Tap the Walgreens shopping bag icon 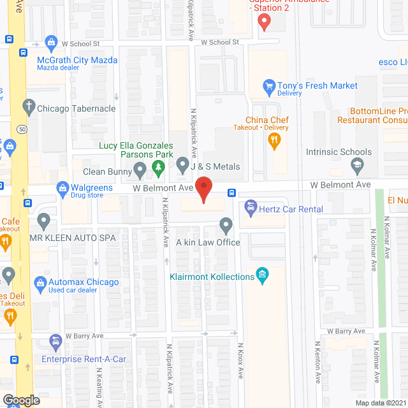(x=62, y=187)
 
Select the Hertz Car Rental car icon (x=251, y=207)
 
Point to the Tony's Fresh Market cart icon (x=269, y=85)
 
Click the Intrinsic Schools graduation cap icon (x=358, y=166)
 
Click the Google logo (x=21, y=400)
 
